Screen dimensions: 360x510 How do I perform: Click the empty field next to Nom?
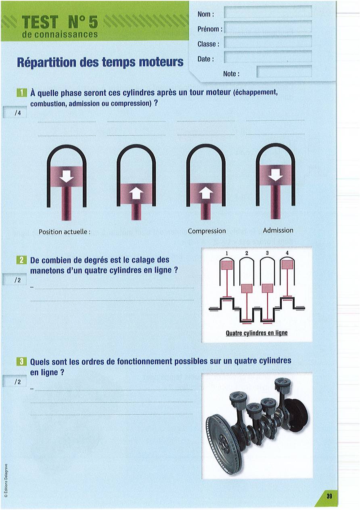click(x=268, y=12)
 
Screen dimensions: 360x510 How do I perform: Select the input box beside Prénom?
click(x=268, y=27)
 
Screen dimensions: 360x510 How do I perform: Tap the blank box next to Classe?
click(x=268, y=42)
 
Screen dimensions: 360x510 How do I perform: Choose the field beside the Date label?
click(x=268, y=57)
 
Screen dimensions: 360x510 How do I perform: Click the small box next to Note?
click(x=284, y=71)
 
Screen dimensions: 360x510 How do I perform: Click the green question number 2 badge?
click(x=22, y=260)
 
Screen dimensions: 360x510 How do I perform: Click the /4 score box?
click(x=15, y=113)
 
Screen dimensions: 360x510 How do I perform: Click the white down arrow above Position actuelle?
click(x=67, y=176)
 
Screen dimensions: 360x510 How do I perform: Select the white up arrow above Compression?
click(x=206, y=193)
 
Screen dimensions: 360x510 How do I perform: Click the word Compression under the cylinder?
click(x=207, y=231)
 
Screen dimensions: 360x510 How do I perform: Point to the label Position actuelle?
click(x=65, y=232)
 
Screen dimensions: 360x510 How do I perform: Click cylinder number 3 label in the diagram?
click(x=267, y=253)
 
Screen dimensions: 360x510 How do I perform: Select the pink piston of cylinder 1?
click(x=227, y=265)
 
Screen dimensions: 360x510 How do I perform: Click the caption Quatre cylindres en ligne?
click(x=256, y=333)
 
